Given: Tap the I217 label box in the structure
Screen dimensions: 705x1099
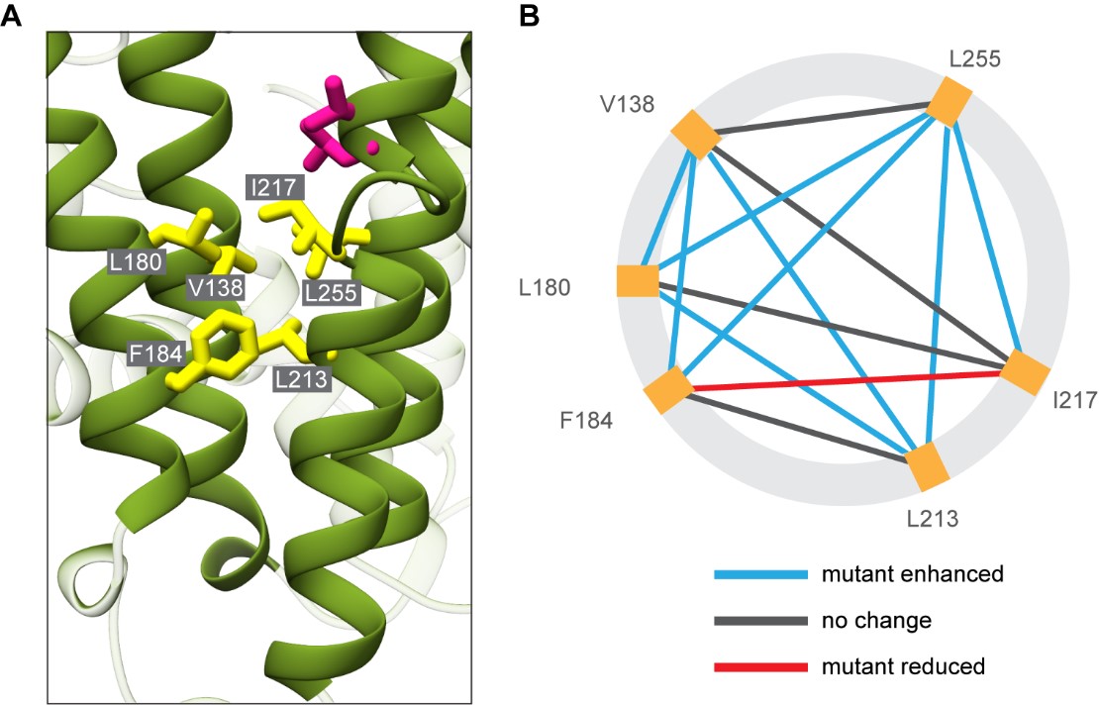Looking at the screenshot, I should [274, 186].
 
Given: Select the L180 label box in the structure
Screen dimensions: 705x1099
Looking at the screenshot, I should [136, 262].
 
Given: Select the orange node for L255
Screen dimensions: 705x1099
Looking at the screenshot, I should [949, 103].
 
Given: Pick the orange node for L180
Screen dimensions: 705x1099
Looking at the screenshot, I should [638, 280].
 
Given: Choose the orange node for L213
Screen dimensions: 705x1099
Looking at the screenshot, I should [930, 466].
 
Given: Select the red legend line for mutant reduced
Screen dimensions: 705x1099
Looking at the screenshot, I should [757, 666].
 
